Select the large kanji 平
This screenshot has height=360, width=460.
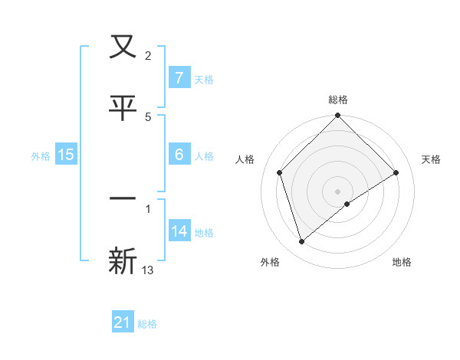tap(123, 108)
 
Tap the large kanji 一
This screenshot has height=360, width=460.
tap(123, 198)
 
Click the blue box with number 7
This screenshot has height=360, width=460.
tap(179, 77)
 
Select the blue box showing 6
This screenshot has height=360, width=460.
tap(179, 154)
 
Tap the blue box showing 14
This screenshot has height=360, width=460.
tap(179, 231)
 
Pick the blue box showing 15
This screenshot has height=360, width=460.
tap(66, 155)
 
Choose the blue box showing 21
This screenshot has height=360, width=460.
tap(123, 322)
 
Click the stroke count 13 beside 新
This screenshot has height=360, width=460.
tap(148, 270)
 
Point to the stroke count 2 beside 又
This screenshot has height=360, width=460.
tap(148, 55)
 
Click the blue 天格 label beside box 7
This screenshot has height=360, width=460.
tap(204, 79)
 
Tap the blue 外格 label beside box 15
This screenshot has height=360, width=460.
tap(41, 155)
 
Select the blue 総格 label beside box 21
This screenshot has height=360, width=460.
tap(147, 324)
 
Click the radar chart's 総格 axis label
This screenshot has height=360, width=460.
tap(337, 100)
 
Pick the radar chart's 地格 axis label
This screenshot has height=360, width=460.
tap(402, 262)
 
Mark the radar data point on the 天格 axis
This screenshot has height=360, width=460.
tap(396, 173)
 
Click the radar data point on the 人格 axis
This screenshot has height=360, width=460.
tap(280, 172)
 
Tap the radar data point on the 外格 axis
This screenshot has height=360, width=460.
tap(301, 242)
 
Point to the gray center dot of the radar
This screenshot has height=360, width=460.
tap(337, 191)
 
